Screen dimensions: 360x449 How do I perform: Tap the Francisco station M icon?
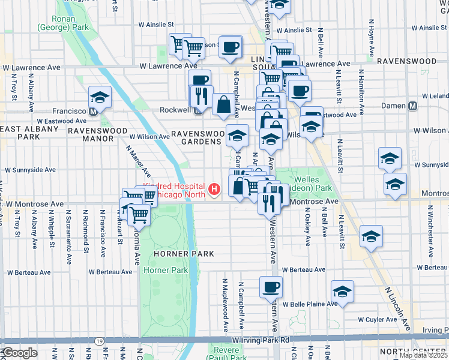[x=93, y=112]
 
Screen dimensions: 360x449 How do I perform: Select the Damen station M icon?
[x=412, y=106]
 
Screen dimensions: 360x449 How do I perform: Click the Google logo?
[x=20, y=353]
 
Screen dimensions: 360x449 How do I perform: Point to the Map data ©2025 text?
[x=423, y=355]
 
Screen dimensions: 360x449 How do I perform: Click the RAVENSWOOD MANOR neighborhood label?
[x=90, y=134]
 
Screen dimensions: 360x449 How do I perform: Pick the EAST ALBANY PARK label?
[x=29, y=133]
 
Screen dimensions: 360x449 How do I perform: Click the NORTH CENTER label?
[x=414, y=352]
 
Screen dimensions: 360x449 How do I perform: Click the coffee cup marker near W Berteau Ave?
[x=270, y=286]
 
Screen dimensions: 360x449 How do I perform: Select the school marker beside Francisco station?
[x=100, y=97]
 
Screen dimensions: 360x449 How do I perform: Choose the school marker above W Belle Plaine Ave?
[x=342, y=291]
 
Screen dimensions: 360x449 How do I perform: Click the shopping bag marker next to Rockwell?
[x=223, y=103]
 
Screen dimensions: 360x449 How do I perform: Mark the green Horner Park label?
[x=166, y=271]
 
